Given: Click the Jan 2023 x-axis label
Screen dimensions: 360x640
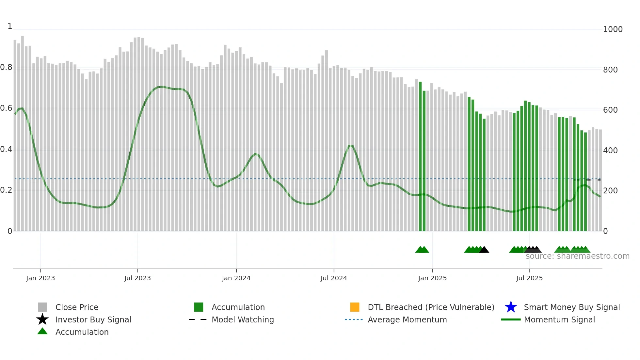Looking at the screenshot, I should point(40,278).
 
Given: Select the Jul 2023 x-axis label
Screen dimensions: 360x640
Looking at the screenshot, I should point(137,278).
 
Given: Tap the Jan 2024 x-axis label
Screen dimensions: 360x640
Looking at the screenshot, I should point(236,278).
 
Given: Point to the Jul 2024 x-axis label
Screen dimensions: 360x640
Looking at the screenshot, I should point(334,278).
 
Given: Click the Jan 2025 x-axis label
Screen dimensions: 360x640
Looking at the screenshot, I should point(432,278).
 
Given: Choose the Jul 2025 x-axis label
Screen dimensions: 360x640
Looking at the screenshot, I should point(529,278).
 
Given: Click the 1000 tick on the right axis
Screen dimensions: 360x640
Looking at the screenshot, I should point(613,29).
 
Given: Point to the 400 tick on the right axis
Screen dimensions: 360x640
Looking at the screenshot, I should point(610,151).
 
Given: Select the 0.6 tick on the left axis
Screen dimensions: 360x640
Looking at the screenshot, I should point(6,108).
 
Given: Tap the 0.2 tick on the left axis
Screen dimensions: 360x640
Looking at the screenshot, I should point(6,190).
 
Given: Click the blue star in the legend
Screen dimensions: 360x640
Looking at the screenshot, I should point(511,307).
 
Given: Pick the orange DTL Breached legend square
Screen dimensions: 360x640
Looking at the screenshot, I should point(355,307).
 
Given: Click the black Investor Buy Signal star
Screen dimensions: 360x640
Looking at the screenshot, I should point(42,319).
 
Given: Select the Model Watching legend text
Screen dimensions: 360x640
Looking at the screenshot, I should point(243,319).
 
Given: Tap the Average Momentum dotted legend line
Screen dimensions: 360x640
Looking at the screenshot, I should point(354,319).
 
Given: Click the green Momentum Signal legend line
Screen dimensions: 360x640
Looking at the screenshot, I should point(511,319).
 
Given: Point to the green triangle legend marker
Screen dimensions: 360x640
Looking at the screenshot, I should point(42,332).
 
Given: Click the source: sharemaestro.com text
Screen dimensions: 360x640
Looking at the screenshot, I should point(577,256).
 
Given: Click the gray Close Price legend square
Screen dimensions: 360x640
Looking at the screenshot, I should point(42,307).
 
